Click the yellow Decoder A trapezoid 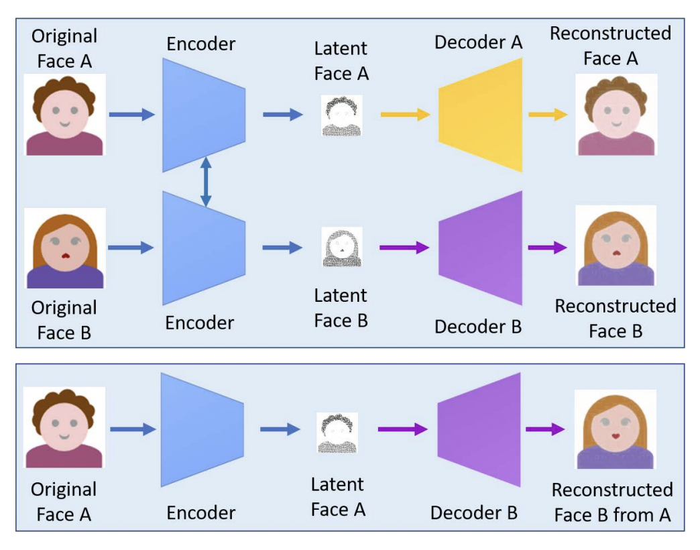480,115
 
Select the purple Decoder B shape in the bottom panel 479,429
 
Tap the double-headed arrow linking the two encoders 206,181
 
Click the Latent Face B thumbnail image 342,248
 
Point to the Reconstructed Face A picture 616,115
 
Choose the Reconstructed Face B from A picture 616,429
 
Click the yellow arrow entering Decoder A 405,115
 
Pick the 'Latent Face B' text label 341,308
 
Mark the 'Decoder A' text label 478,42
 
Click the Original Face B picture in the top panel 64,248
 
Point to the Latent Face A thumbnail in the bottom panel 337,433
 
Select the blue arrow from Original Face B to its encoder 131,248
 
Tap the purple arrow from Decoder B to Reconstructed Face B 546,248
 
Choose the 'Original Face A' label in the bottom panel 64,502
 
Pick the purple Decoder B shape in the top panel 480,248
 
